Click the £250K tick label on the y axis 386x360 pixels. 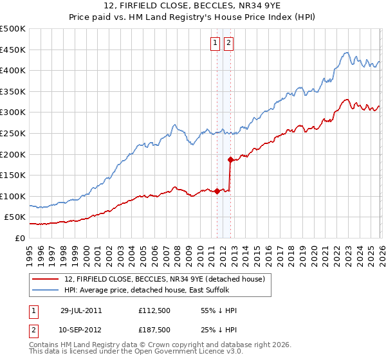tap(13, 133)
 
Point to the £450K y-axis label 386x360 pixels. tap(13, 50)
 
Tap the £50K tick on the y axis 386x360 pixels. tap(15, 217)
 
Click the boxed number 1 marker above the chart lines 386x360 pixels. tap(215, 43)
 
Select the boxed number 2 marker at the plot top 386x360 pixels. tap(229, 43)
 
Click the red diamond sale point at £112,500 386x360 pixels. tap(217, 191)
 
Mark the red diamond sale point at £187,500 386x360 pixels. tap(230, 159)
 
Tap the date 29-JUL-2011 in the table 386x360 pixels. tap(81, 310)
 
